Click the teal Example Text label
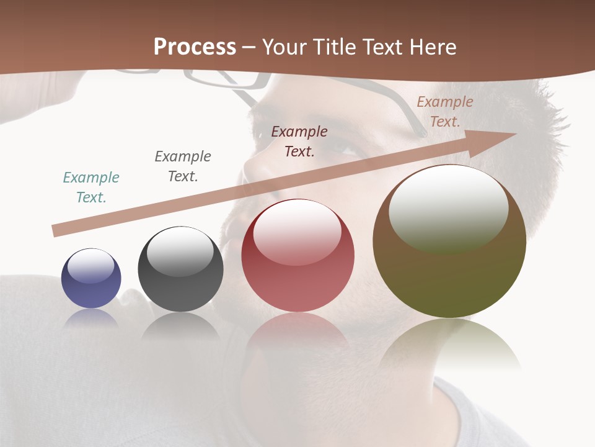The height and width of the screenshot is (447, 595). pyautogui.click(x=91, y=187)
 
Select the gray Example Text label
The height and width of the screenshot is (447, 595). pyautogui.click(x=183, y=166)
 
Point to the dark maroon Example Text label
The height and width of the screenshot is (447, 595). pyautogui.click(x=299, y=142)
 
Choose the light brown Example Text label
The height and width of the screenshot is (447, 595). pyautogui.click(x=445, y=112)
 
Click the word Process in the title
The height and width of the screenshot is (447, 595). pyautogui.click(x=195, y=47)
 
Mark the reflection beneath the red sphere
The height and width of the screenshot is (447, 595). pyautogui.click(x=297, y=335)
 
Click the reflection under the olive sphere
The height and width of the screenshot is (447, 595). pyautogui.click(x=449, y=345)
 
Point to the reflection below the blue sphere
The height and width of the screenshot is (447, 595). pyautogui.click(x=91, y=317)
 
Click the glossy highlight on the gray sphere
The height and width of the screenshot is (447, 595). pyautogui.click(x=180, y=251)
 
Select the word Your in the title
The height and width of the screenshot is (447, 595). pyautogui.click(x=284, y=47)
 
